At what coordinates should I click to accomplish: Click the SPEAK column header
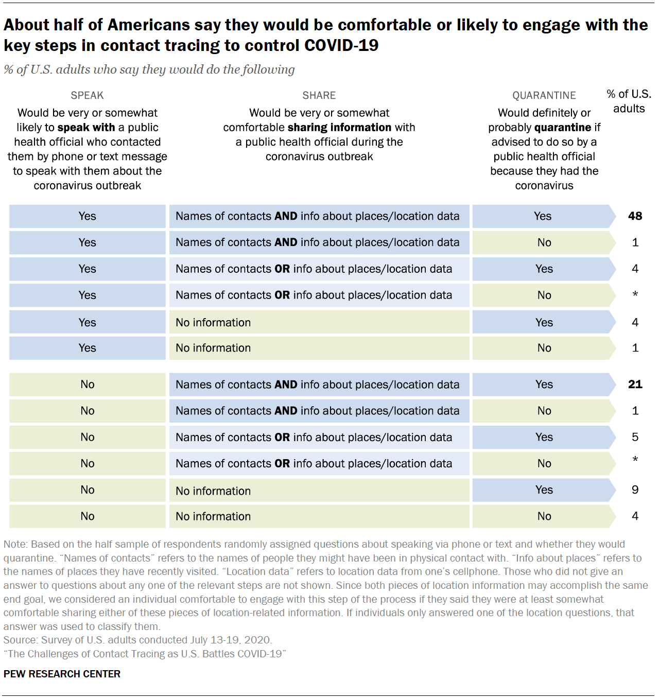pyautogui.click(x=87, y=95)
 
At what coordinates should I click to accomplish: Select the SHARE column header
pyautogui.click(x=319, y=95)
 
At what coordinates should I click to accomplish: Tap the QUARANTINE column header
pyautogui.click(x=544, y=95)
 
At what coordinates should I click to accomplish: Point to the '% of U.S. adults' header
pyautogui.click(x=629, y=101)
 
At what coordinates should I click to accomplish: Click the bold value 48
pyautogui.click(x=635, y=216)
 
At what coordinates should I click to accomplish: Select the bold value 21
pyautogui.click(x=635, y=385)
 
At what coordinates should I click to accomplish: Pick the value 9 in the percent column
pyautogui.click(x=635, y=490)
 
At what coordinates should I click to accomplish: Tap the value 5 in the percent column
pyautogui.click(x=635, y=437)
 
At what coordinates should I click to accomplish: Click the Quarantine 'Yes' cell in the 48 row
pyautogui.click(x=543, y=216)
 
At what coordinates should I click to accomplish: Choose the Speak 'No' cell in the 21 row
pyautogui.click(x=87, y=385)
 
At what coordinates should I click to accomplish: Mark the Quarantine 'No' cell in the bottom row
pyautogui.click(x=544, y=516)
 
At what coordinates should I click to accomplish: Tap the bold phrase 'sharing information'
pyautogui.click(x=339, y=127)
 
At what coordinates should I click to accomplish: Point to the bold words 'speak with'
pyautogui.click(x=86, y=127)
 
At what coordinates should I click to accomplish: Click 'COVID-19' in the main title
pyautogui.click(x=341, y=46)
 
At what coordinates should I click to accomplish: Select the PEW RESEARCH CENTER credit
pyautogui.click(x=62, y=674)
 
